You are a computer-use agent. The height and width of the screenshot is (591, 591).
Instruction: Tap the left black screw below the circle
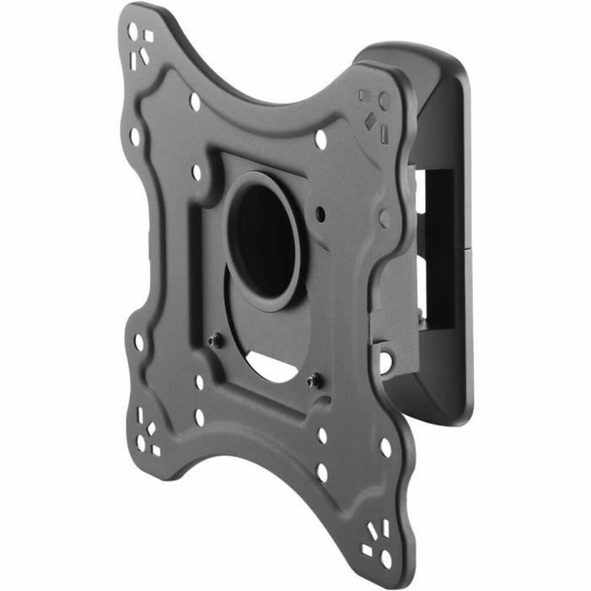coord(214,341)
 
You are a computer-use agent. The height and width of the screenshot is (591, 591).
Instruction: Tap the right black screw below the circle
coord(311,380)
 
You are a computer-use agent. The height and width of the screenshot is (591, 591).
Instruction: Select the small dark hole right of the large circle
coord(321,213)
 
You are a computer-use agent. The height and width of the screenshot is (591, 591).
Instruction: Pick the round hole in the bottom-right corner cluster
coord(387,558)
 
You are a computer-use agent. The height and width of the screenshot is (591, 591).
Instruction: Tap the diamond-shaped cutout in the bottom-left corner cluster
coord(151,428)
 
